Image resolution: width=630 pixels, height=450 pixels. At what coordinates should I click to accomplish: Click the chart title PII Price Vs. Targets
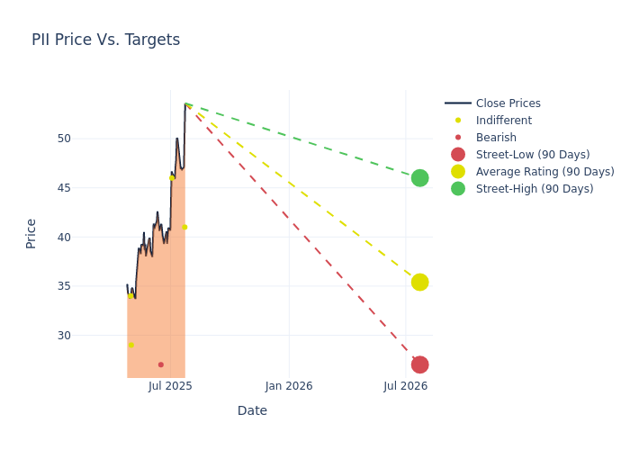click(105, 40)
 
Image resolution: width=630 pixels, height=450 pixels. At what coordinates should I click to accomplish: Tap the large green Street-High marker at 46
click(419, 178)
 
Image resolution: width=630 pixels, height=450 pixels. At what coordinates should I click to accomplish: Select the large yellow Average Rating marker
click(419, 283)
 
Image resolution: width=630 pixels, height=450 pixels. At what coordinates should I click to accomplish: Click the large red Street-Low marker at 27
click(419, 364)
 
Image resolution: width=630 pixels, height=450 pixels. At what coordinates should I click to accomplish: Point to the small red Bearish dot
click(161, 364)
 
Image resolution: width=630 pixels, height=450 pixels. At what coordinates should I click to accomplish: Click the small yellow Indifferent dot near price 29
click(131, 345)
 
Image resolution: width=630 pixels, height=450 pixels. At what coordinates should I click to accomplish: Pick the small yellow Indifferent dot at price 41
click(184, 227)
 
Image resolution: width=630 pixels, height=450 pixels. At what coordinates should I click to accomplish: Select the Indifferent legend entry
click(503, 121)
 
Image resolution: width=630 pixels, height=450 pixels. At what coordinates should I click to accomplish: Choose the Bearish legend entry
click(496, 138)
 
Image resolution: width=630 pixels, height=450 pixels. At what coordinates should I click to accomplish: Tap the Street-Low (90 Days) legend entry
click(533, 155)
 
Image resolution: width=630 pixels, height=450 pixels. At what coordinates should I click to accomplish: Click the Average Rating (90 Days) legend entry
click(544, 172)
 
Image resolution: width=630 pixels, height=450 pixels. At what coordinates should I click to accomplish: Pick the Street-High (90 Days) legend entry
click(535, 189)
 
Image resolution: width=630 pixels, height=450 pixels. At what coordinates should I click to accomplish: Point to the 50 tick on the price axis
click(64, 139)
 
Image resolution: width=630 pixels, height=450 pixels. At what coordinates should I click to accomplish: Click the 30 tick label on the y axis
click(64, 336)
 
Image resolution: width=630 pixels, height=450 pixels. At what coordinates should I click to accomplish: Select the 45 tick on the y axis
click(64, 188)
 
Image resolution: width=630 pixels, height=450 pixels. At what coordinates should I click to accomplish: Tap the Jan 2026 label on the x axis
click(289, 386)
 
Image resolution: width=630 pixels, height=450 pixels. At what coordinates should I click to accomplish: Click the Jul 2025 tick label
click(170, 386)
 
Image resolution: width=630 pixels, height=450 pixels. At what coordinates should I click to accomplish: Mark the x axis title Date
click(252, 411)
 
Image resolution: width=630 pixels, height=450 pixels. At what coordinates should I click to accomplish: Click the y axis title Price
click(31, 233)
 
